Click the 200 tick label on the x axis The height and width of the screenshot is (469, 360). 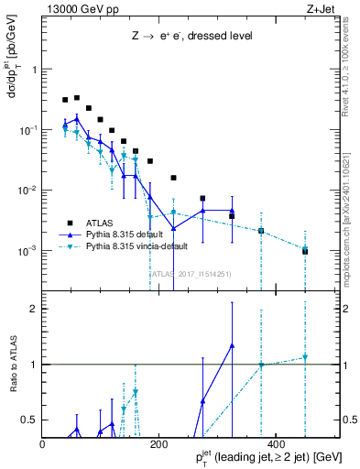coord(159,443)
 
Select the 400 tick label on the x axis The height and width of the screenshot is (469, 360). coord(276,443)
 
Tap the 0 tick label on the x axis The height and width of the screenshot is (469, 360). coord(43,443)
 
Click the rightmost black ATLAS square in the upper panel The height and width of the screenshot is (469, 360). coord(305,251)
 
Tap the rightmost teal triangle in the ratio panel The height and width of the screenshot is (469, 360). coord(305,357)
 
